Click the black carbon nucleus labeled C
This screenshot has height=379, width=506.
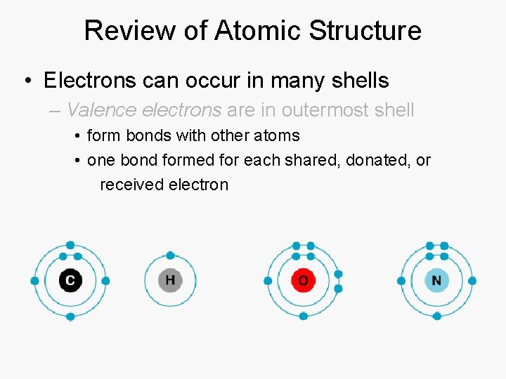click(70, 281)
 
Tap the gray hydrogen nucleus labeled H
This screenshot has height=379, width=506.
click(170, 281)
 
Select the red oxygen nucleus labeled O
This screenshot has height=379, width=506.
click(303, 281)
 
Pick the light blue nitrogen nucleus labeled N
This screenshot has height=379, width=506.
click(436, 281)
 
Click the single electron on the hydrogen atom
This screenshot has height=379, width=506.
click(170, 255)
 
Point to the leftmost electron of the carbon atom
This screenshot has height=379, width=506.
click(34, 281)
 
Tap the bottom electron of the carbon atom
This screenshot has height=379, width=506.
click(70, 317)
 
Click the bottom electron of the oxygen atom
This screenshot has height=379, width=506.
click(303, 317)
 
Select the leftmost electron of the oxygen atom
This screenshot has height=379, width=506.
click(268, 281)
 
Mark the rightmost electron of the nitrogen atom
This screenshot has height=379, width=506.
click(472, 281)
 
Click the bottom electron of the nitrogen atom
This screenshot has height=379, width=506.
click(436, 317)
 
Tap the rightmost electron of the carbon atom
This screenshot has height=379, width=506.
click(105, 281)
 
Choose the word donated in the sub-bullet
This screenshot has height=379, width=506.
click(378, 160)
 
